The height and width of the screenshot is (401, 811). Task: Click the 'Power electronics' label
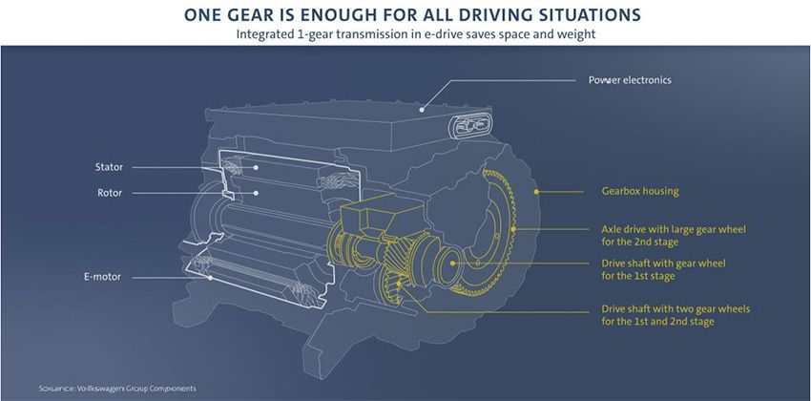click(629, 80)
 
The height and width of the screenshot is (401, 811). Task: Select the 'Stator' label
click(110, 166)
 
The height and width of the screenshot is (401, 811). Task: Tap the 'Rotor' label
click(109, 193)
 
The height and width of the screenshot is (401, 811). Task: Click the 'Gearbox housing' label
click(640, 191)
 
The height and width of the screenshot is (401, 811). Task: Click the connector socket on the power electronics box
click(471, 125)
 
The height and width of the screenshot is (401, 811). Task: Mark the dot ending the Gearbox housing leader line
click(537, 191)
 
